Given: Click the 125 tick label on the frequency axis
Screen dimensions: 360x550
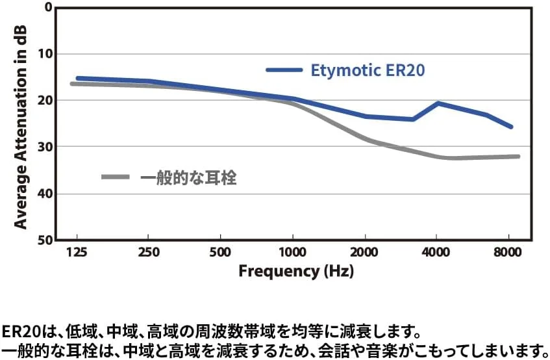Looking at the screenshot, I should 77,251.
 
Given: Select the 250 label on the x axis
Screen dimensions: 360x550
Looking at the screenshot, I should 149,251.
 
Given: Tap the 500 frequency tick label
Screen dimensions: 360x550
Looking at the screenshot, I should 221,251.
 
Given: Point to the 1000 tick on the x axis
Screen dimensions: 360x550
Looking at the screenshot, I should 293,251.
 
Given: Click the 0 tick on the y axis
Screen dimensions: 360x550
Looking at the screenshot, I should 47,7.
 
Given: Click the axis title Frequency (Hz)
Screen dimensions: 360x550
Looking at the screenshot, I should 296,271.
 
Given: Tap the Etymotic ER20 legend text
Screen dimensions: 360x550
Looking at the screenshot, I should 368,70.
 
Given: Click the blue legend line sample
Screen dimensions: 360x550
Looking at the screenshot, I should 284,70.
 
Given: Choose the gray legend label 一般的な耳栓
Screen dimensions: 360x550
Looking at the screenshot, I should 188,177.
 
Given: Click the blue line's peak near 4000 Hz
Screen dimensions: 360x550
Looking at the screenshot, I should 438,103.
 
